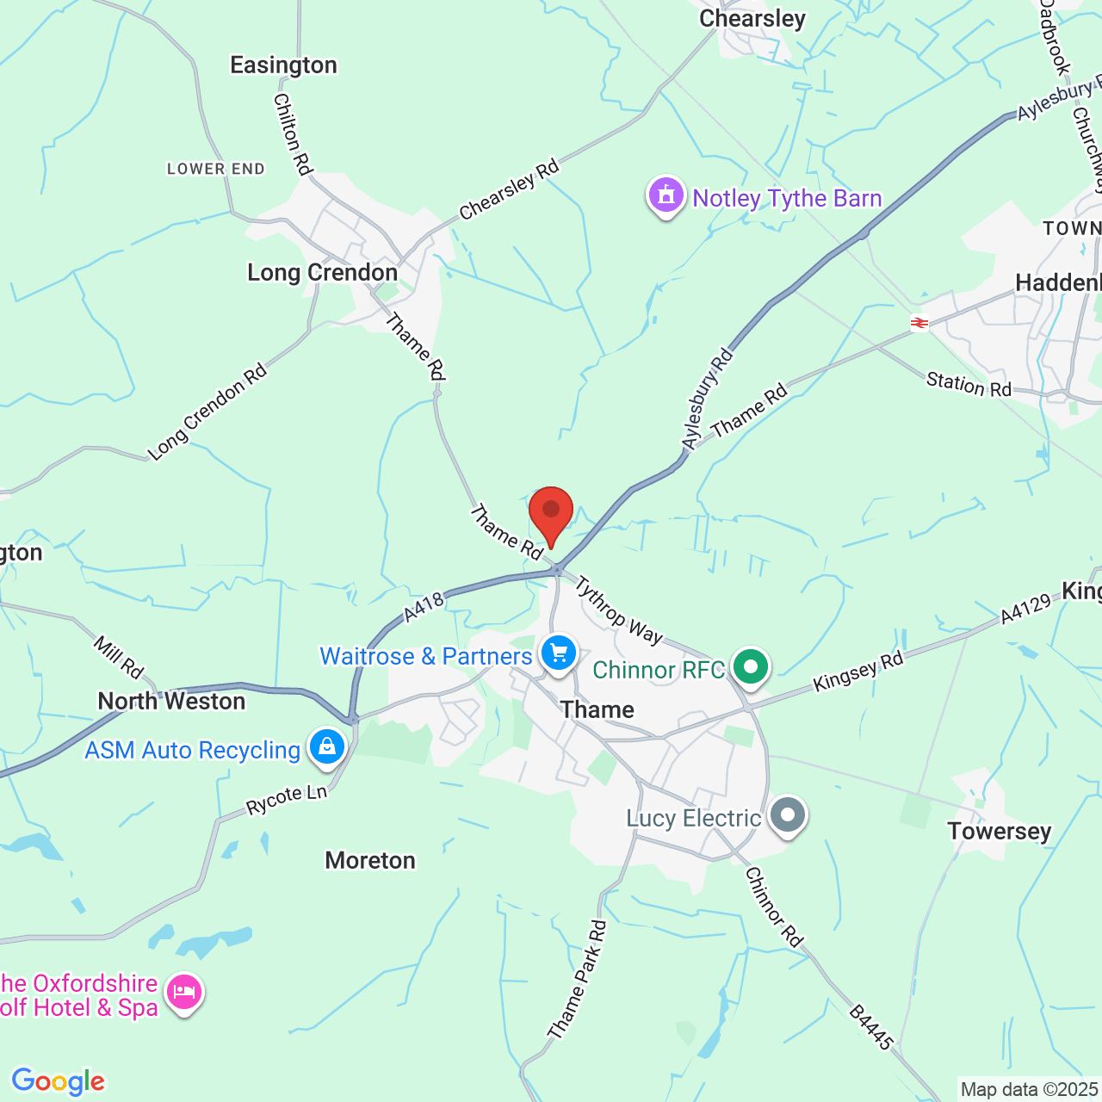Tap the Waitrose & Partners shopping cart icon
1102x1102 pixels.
click(559, 653)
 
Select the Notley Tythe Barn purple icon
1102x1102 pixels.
click(666, 195)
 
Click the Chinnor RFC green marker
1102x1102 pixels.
click(751, 667)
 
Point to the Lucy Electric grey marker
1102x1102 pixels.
click(787, 814)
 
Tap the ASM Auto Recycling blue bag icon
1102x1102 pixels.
click(327, 746)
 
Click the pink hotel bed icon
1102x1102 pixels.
click(184, 993)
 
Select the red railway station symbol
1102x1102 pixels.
click(919, 323)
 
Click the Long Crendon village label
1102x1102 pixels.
click(322, 273)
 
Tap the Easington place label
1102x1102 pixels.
click(283, 65)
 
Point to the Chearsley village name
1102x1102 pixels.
click(752, 19)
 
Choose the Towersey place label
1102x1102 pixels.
click(1000, 831)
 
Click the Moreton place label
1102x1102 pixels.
click(370, 860)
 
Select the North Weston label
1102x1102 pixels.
click(171, 701)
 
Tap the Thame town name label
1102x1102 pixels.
click(597, 709)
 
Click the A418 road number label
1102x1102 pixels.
click(424, 606)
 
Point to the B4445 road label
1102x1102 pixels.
click(871, 1027)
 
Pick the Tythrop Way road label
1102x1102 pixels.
click(618, 611)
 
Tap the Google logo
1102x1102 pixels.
click(58, 1081)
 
